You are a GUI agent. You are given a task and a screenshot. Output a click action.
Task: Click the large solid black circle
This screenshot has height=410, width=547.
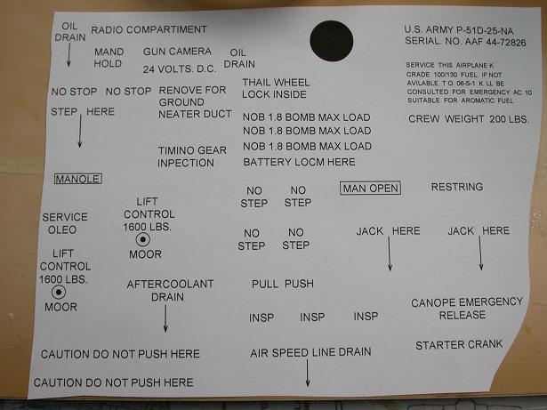(332, 41)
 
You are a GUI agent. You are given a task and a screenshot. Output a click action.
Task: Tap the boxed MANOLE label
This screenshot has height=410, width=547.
(78, 179)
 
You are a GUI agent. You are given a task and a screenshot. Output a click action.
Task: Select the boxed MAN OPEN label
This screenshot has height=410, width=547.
(371, 189)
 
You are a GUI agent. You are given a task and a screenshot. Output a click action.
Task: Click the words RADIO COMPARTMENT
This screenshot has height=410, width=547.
(149, 29)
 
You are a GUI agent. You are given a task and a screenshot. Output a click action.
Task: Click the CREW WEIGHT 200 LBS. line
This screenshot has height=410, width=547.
(469, 119)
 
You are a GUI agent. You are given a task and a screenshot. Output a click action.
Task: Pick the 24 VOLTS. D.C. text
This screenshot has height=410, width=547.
(180, 68)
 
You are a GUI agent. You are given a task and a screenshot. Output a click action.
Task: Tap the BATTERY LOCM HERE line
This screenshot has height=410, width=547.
(300, 162)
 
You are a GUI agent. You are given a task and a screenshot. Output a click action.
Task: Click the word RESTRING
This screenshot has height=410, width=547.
(457, 187)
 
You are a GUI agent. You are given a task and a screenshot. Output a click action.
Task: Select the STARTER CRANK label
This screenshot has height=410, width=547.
(459, 345)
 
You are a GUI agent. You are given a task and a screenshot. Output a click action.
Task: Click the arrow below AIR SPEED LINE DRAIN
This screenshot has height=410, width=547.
(308, 373)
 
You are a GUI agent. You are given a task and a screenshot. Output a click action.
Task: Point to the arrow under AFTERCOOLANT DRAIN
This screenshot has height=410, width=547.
(165, 318)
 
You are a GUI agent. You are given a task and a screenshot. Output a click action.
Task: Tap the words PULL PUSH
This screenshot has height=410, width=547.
(283, 284)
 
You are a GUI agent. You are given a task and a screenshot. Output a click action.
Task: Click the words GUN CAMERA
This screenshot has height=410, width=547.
(177, 52)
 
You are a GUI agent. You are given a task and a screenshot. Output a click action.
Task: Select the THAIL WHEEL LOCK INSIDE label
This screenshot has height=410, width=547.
(276, 88)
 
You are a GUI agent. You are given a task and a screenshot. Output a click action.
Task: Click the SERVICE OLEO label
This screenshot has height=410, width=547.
(65, 223)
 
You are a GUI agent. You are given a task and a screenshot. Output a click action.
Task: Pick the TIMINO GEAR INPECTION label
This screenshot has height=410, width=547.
(192, 157)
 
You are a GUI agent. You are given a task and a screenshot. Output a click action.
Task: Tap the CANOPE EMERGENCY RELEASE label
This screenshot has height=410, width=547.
(467, 309)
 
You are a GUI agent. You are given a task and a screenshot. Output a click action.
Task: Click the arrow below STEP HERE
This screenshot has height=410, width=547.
(80, 131)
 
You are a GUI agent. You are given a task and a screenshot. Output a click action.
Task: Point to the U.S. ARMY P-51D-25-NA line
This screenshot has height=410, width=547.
(459, 30)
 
